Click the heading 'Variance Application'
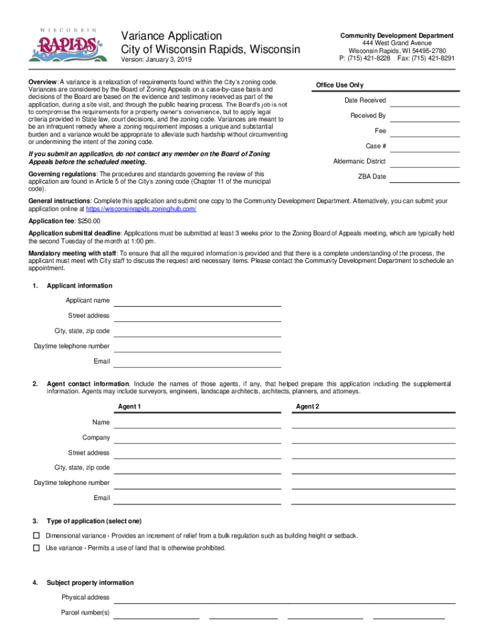pos(171,36)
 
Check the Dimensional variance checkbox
pos(36,536)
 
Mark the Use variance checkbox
pos(36,548)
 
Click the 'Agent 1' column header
pos(129,407)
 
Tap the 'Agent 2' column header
pos(308,407)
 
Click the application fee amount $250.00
pos(89,221)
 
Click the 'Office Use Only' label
pos(339,86)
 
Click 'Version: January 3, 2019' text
pos(157,60)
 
